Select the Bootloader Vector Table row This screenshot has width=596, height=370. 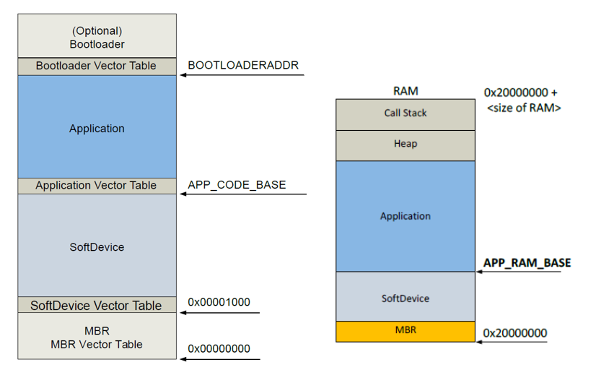click(x=97, y=66)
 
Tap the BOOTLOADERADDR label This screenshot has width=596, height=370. click(x=243, y=65)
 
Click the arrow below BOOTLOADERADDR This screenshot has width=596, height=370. click(x=242, y=75)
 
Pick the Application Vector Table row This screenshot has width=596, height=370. click(x=97, y=186)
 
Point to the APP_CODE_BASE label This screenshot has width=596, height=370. click(x=237, y=185)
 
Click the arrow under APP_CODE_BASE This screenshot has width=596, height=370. click(x=243, y=194)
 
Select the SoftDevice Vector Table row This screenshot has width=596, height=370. click(x=97, y=306)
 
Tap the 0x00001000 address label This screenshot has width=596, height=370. click(x=219, y=302)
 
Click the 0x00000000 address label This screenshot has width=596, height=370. click(x=219, y=349)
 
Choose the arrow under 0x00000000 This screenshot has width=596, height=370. click(x=219, y=358)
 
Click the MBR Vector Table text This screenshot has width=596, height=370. click(x=97, y=345)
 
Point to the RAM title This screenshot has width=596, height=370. click(x=406, y=91)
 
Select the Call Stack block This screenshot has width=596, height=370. click(x=406, y=113)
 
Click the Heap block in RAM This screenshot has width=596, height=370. click(x=406, y=145)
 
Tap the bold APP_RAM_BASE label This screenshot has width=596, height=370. click(x=527, y=262)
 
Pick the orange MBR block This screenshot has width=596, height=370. click(x=406, y=331)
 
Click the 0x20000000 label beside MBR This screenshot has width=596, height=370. click(x=515, y=333)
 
